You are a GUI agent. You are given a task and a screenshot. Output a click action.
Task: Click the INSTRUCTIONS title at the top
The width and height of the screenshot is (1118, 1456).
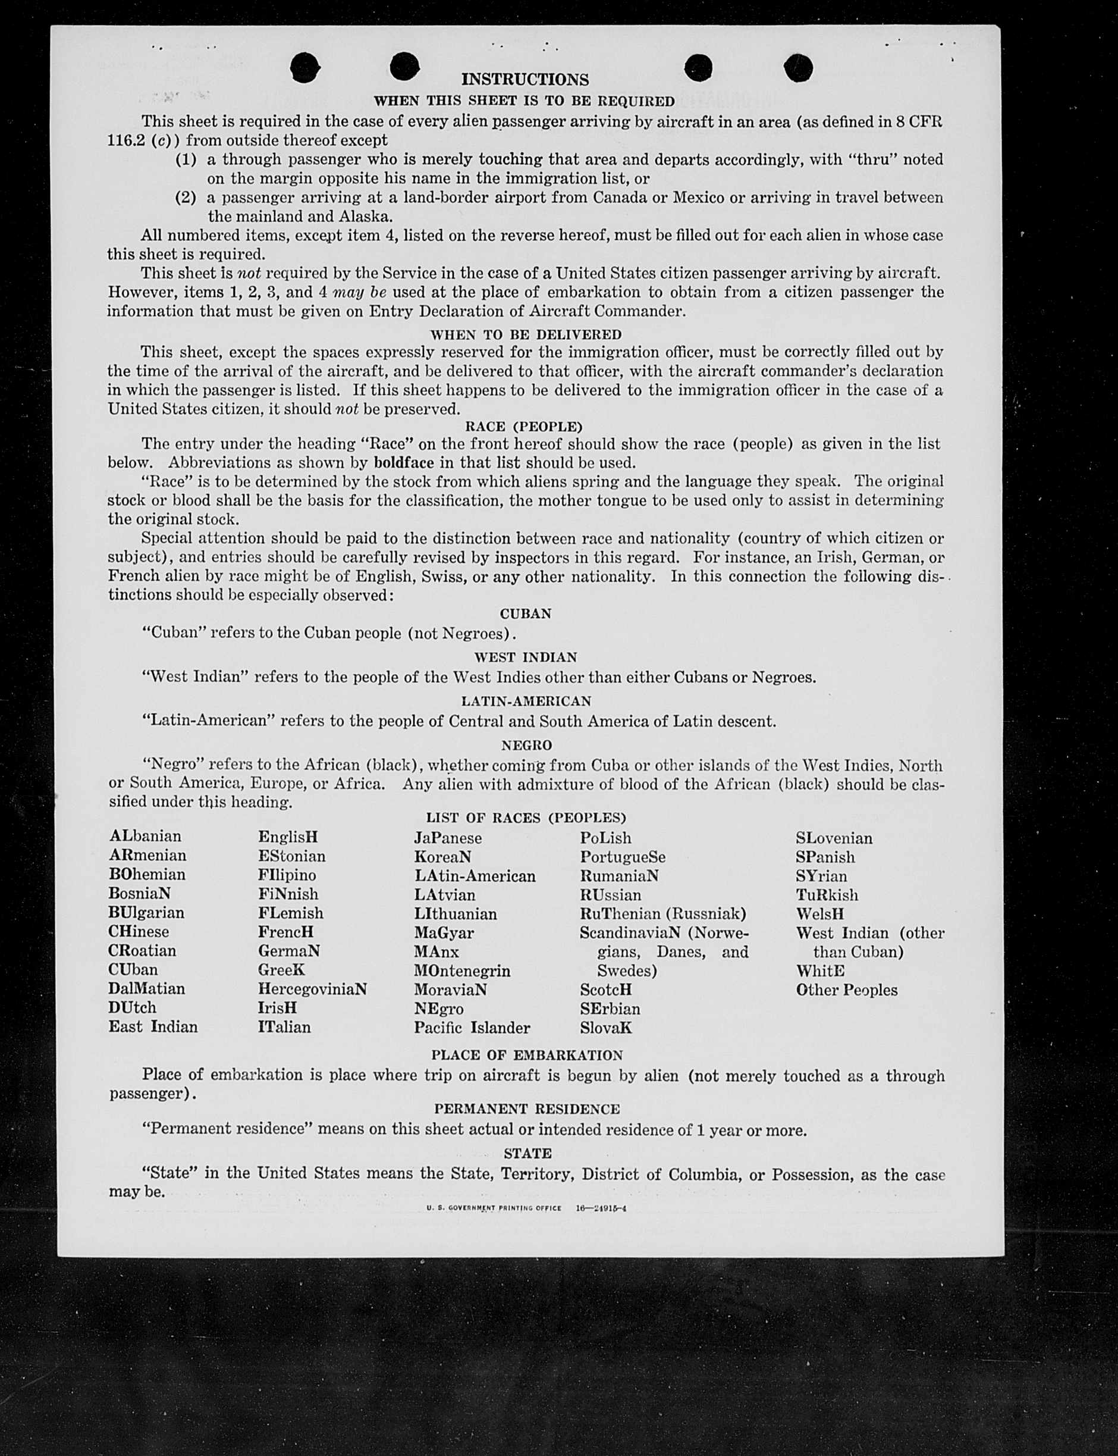[x=525, y=80]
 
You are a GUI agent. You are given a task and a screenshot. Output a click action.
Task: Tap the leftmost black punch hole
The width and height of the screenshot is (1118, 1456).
[x=306, y=68]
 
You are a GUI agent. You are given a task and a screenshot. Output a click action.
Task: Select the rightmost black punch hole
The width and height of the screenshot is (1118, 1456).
[x=799, y=68]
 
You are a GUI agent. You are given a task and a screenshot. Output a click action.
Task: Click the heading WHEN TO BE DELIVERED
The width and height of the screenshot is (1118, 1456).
[x=526, y=334]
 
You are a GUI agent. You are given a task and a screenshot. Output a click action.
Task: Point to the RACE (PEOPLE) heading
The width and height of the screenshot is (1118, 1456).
[x=524, y=426]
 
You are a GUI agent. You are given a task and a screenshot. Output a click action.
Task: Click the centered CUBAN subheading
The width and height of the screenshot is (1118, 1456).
[x=526, y=614]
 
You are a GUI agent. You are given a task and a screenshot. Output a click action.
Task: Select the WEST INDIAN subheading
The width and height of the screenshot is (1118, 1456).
[x=526, y=657]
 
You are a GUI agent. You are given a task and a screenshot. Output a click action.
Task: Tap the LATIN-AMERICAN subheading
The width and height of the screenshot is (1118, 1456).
[x=526, y=701]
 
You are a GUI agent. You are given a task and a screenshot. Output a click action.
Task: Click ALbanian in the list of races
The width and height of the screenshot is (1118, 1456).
[x=145, y=836]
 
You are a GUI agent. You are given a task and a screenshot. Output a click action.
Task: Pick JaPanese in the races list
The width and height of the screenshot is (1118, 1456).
[x=448, y=838]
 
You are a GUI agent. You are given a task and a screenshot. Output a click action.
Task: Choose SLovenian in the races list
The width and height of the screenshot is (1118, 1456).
[x=834, y=838]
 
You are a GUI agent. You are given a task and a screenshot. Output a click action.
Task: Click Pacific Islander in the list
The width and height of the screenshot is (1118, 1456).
[x=472, y=1028]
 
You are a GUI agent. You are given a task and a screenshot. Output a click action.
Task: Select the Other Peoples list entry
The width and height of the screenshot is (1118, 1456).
[x=846, y=990]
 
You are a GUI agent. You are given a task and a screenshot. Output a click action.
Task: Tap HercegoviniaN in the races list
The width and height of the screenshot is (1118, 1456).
[x=312, y=990]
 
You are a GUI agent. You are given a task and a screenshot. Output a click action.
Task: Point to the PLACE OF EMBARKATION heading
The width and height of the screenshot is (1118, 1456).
[x=527, y=1055]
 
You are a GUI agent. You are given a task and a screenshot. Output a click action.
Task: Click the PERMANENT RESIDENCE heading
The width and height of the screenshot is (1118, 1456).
[x=527, y=1109]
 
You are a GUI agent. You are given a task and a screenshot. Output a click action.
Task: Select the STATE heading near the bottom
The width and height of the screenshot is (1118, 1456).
[x=527, y=1153]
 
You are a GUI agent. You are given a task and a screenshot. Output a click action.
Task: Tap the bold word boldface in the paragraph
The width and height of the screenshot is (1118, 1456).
[x=404, y=463]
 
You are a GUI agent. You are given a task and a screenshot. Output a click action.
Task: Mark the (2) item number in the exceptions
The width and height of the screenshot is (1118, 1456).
[x=185, y=198]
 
